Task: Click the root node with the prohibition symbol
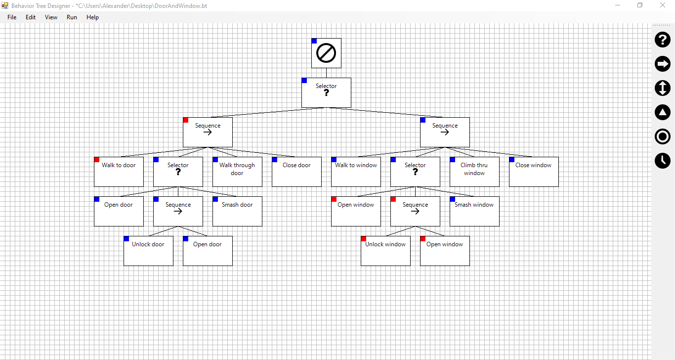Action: (326, 53)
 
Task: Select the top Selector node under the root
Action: (326, 92)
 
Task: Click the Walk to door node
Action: (119, 172)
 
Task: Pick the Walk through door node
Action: (237, 172)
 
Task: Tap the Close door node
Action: (296, 172)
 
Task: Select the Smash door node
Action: (237, 211)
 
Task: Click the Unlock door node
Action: (148, 251)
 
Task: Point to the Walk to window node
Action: (356, 172)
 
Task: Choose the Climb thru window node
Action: (474, 172)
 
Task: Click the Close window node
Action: (534, 172)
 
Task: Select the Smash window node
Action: (474, 211)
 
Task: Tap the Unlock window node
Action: (385, 251)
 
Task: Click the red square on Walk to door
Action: (97, 160)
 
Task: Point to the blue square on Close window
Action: (512, 160)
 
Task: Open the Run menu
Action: (72, 17)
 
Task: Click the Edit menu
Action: (31, 17)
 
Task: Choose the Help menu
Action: (92, 17)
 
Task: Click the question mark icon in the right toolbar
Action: (663, 40)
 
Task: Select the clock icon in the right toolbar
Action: (663, 161)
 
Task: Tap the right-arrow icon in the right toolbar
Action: (663, 64)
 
